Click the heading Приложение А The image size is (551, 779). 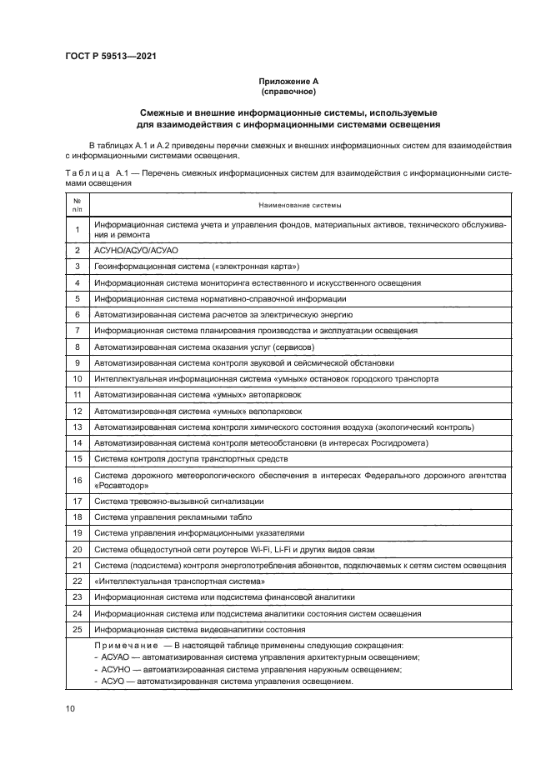[x=288, y=81]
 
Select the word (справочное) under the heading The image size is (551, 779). [x=288, y=91]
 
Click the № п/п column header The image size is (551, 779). [x=77, y=205]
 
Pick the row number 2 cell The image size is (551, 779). [x=77, y=249]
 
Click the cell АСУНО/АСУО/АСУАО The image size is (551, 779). [x=137, y=249]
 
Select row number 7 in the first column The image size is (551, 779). [x=77, y=331]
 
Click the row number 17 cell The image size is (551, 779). [x=77, y=501]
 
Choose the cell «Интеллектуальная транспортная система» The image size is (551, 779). [x=179, y=581]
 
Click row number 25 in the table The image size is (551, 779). [x=77, y=629]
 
